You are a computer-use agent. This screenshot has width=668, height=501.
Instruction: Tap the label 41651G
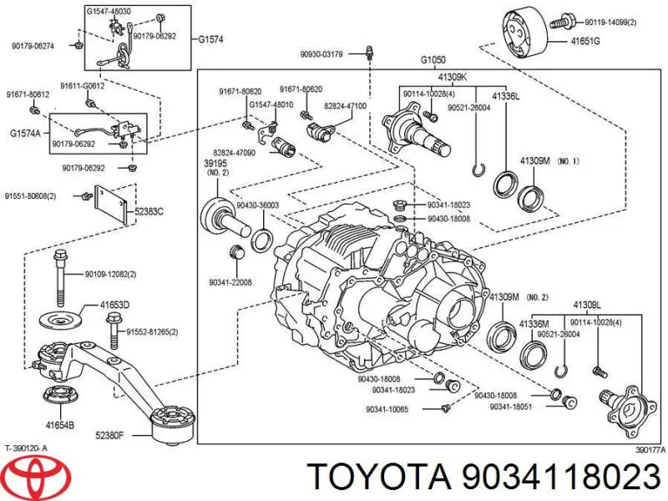[584, 39]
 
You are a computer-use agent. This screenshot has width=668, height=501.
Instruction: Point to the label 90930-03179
[321, 56]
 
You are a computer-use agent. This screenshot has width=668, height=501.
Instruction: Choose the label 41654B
[58, 425]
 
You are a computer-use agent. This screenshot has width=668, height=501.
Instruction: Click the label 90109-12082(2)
[111, 275]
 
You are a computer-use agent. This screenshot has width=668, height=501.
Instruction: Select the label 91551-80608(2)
[30, 196]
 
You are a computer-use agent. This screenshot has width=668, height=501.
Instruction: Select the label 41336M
[534, 323]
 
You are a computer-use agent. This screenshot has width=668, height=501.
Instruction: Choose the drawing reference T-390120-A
[27, 448]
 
